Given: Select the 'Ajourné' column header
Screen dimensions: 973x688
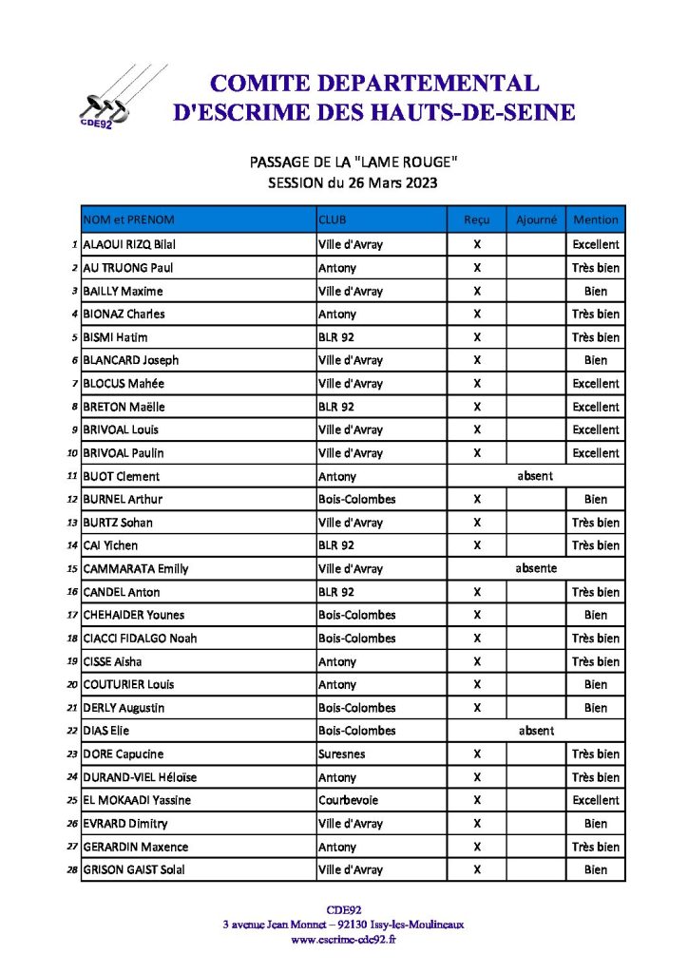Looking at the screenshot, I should (536, 219).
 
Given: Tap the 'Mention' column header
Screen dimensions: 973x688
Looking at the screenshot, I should (596, 219).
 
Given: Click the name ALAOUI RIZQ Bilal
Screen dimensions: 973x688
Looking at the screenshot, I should (130, 244).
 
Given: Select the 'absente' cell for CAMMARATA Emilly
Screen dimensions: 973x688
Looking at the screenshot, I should (536, 568).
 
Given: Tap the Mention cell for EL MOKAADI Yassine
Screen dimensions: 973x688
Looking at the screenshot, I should (596, 800).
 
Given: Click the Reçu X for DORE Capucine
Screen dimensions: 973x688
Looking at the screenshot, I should (477, 754).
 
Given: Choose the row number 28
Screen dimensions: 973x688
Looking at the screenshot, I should (72, 869).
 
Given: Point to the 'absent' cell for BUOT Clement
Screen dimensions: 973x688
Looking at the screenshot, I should (536, 476).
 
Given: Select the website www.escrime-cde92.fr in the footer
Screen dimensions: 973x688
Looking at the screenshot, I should (343, 940).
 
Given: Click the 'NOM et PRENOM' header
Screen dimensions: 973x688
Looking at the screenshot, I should (129, 219).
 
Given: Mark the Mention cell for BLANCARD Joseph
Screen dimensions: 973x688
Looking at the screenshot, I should (596, 360).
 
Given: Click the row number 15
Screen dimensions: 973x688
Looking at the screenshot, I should (72, 568).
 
